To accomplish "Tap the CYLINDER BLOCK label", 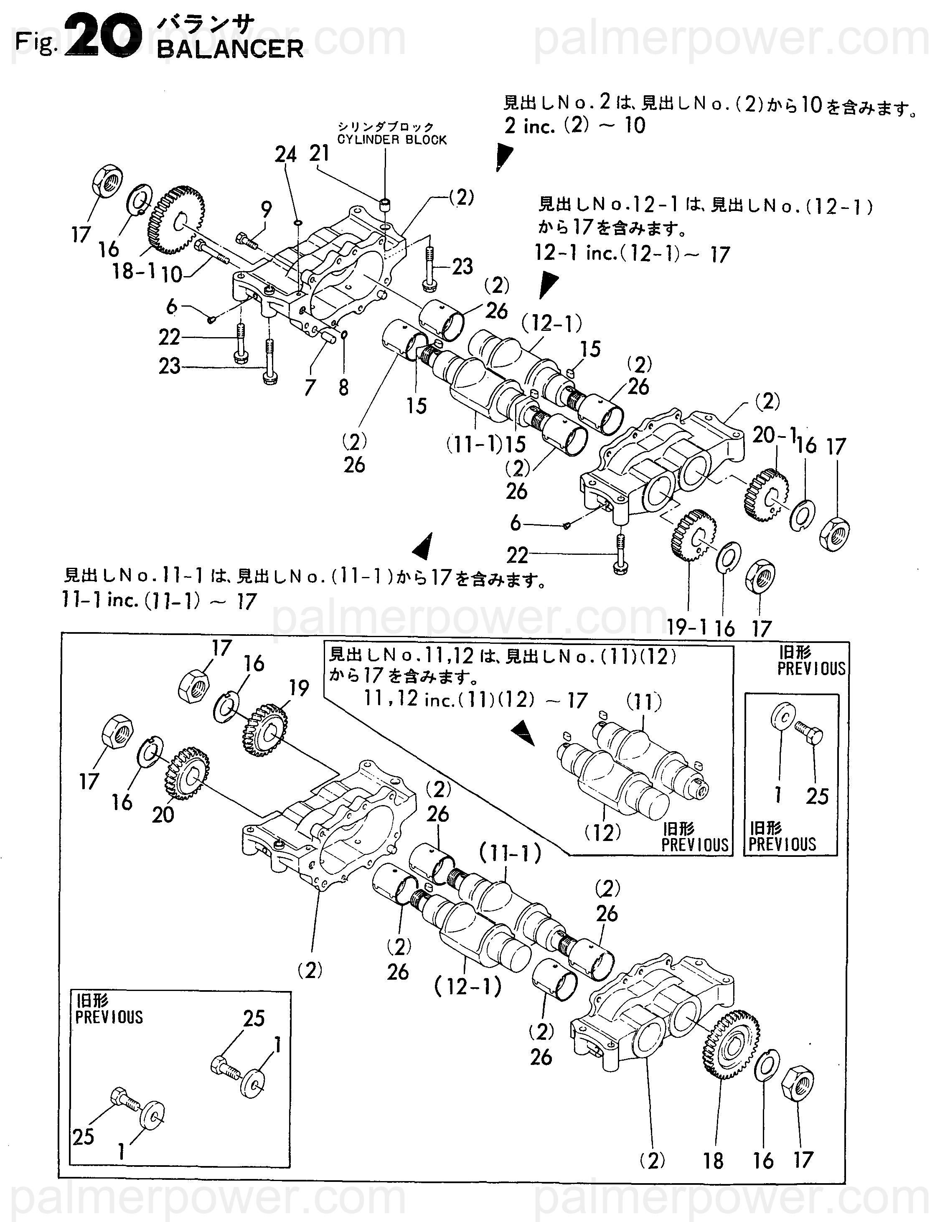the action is coord(392,140).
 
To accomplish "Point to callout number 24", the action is coord(285,154).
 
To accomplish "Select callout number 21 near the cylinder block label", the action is coord(320,153).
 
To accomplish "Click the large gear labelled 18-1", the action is coord(176,221).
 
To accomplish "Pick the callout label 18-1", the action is coord(134,272).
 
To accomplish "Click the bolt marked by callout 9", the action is coord(246,241).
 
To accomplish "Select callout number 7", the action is coord(310,387).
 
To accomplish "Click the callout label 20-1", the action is coord(774,435).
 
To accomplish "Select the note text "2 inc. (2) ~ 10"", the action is coord(575,125).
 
